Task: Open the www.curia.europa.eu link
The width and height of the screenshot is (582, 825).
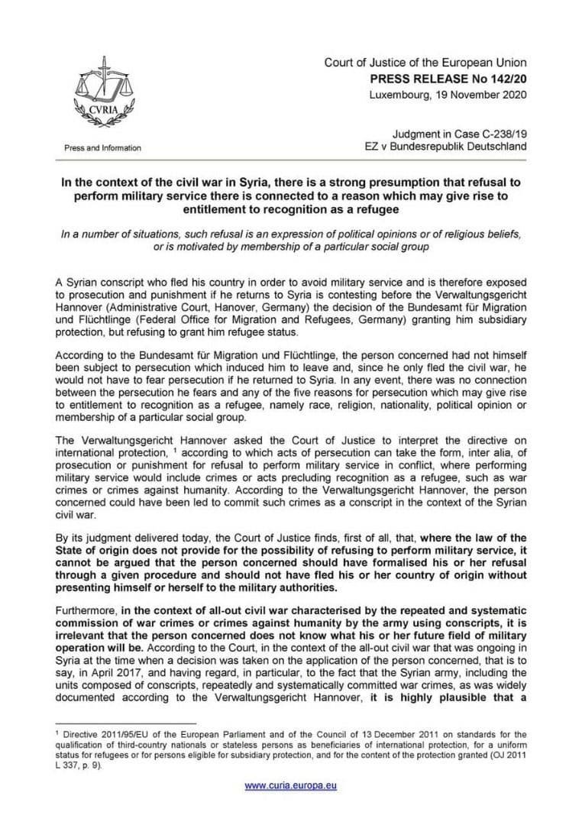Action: coord(290,785)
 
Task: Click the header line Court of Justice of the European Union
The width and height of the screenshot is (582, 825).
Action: coord(425,63)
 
